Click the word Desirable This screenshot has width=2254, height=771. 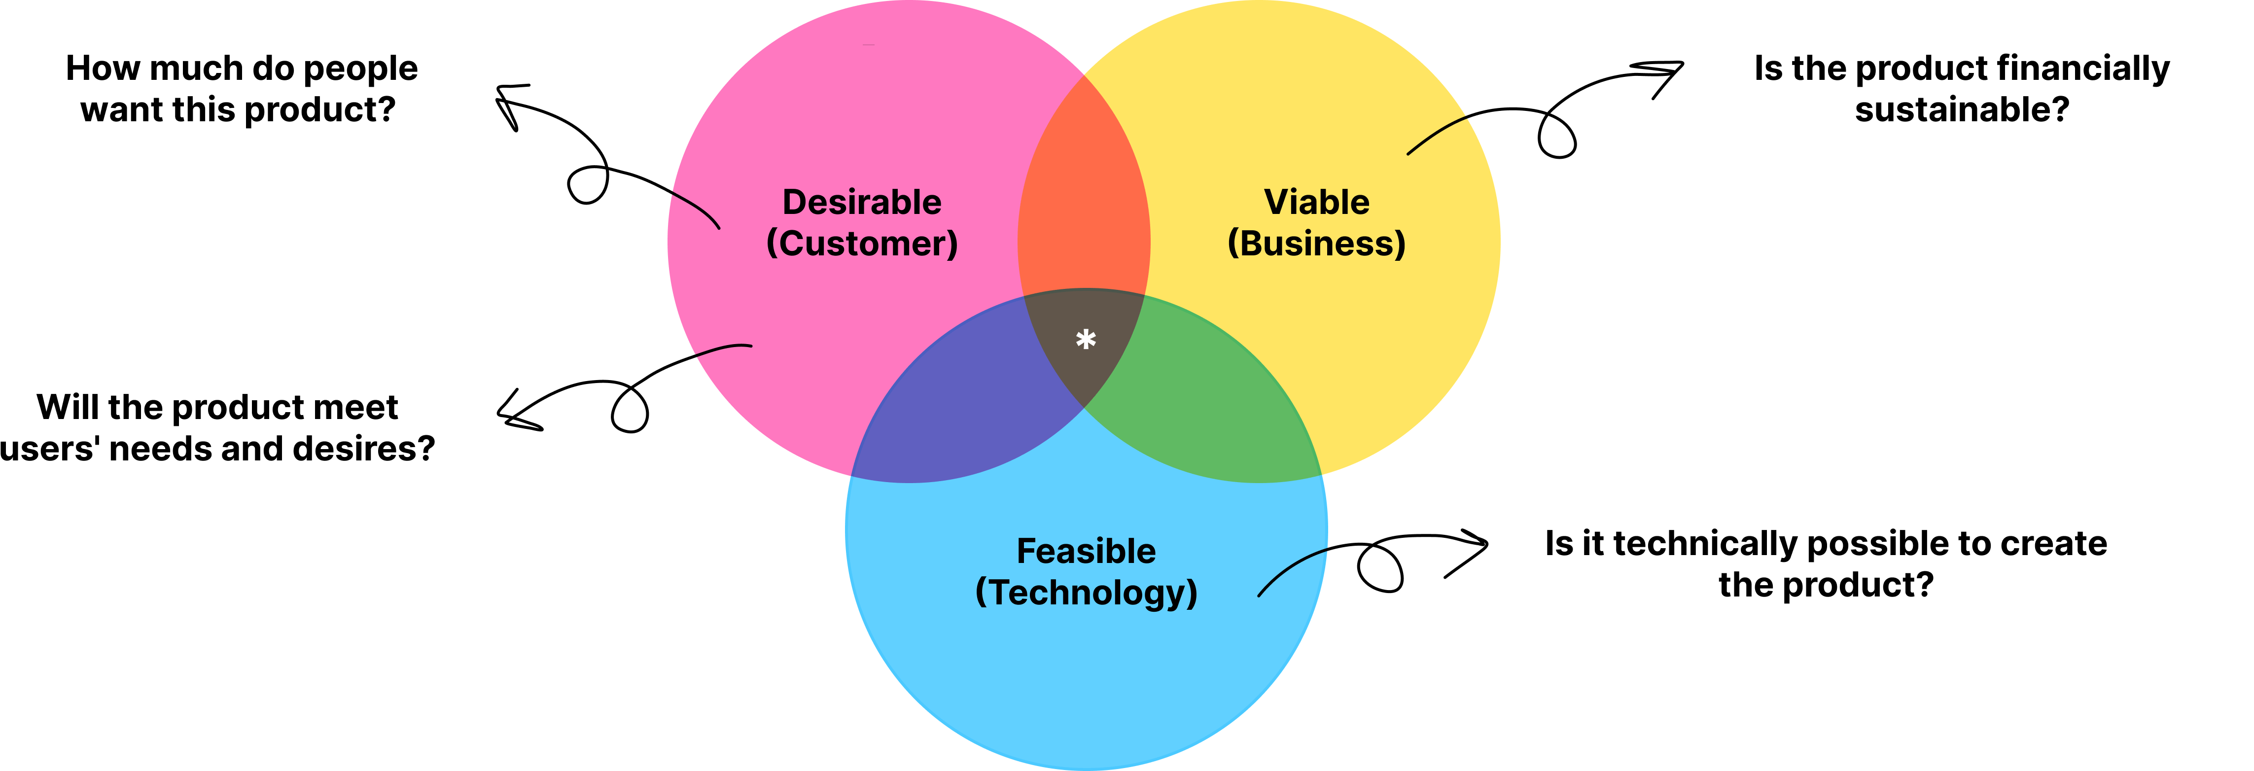862,202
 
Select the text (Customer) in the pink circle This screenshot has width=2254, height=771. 862,244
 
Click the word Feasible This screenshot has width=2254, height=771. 1086,551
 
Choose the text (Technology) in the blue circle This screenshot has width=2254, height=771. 1086,593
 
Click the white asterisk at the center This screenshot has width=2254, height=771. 1086,340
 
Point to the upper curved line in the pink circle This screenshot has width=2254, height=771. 698,209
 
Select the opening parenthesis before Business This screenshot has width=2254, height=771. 1233,244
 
